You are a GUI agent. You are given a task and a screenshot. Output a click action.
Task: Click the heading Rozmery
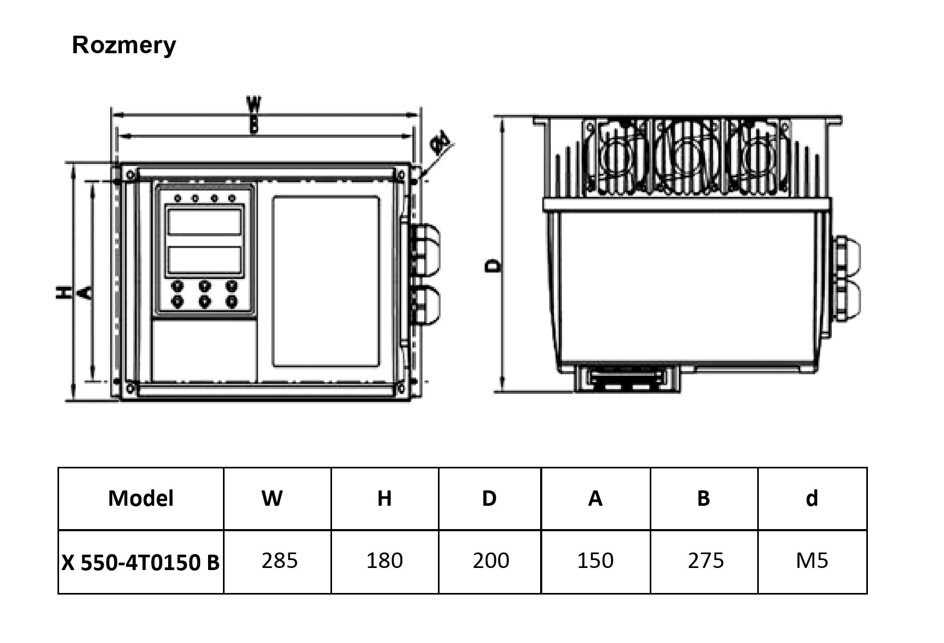tap(123, 45)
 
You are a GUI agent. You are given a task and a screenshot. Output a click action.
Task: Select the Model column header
tap(140, 498)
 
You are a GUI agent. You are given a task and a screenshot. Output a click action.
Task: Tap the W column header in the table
tap(272, 498)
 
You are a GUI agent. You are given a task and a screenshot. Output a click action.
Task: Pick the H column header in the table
tap(384, 498)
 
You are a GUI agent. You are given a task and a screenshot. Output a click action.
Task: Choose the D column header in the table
tap(489, 498)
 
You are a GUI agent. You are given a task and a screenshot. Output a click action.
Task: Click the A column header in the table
tap(595, 498)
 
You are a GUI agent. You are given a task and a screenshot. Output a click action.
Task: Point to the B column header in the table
tap(703, 498)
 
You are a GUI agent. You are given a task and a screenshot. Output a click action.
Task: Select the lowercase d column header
tap(811, 498)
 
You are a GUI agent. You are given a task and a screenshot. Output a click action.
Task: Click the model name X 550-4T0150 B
tap(140, 562)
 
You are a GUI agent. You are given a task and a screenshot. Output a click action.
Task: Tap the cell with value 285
tap(279, 560)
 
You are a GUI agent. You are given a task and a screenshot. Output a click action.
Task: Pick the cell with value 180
tap(384, 560)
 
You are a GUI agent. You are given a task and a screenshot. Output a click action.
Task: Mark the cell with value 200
tap(491, 560)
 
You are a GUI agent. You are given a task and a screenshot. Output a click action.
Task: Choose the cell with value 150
tap(595, 560)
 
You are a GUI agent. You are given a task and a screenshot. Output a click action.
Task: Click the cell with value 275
tap(706, 560)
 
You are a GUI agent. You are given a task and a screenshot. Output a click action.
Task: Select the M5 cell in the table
tap(812, 560)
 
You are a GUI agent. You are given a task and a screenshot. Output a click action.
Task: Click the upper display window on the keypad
tap(205, 222)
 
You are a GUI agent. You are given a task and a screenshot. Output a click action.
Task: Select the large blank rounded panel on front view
tap(326, 281)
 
